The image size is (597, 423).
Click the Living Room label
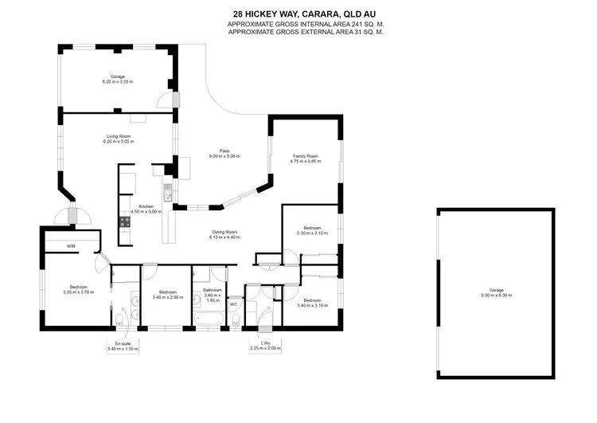pyautogui.click(x=118, y=137)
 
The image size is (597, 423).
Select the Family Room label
pyautogui.click(x=306, y=156)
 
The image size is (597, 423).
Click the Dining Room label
pyautogui.click(x=224, y=232)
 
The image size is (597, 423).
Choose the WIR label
pyautogui.click(x=70, y=246)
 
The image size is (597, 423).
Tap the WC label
pyautogui.click(x=234, y=304)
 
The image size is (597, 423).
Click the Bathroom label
pyautogui.click(x=212, y=289)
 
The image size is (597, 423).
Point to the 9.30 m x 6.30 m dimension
pyautogui.click(x=496, y=296)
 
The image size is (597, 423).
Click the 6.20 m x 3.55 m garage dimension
pyautogui.click(x=118, y=83)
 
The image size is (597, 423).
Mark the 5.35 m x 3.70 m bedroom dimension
pyautogui.click(x=78, y=292)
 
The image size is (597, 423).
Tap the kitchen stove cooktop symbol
pyautogui.click(x=125, y=221)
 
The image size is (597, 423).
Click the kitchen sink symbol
pyautogui.click(x=168, y=192)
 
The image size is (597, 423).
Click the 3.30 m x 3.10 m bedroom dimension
pyautogui.click(x=312, y=233)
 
